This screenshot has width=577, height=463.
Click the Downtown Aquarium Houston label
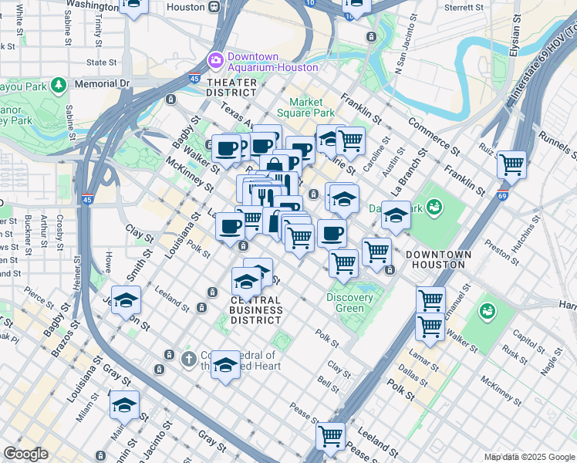click(262, 62)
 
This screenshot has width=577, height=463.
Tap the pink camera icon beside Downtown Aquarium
click(215, 59)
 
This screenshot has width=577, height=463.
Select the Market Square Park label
click(317, 108)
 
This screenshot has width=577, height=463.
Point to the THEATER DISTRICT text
click(231, 87)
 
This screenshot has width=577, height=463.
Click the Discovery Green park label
click(349, 303)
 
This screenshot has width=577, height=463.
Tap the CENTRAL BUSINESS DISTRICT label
click(256, 310)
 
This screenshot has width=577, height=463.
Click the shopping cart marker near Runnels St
click(511, 164)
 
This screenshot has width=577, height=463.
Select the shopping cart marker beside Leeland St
click(331, 436)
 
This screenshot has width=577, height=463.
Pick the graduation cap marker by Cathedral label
click(226, 365)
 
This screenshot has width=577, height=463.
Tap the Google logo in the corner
click(25, 454)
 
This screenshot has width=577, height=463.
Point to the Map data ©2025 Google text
click(529, 457)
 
